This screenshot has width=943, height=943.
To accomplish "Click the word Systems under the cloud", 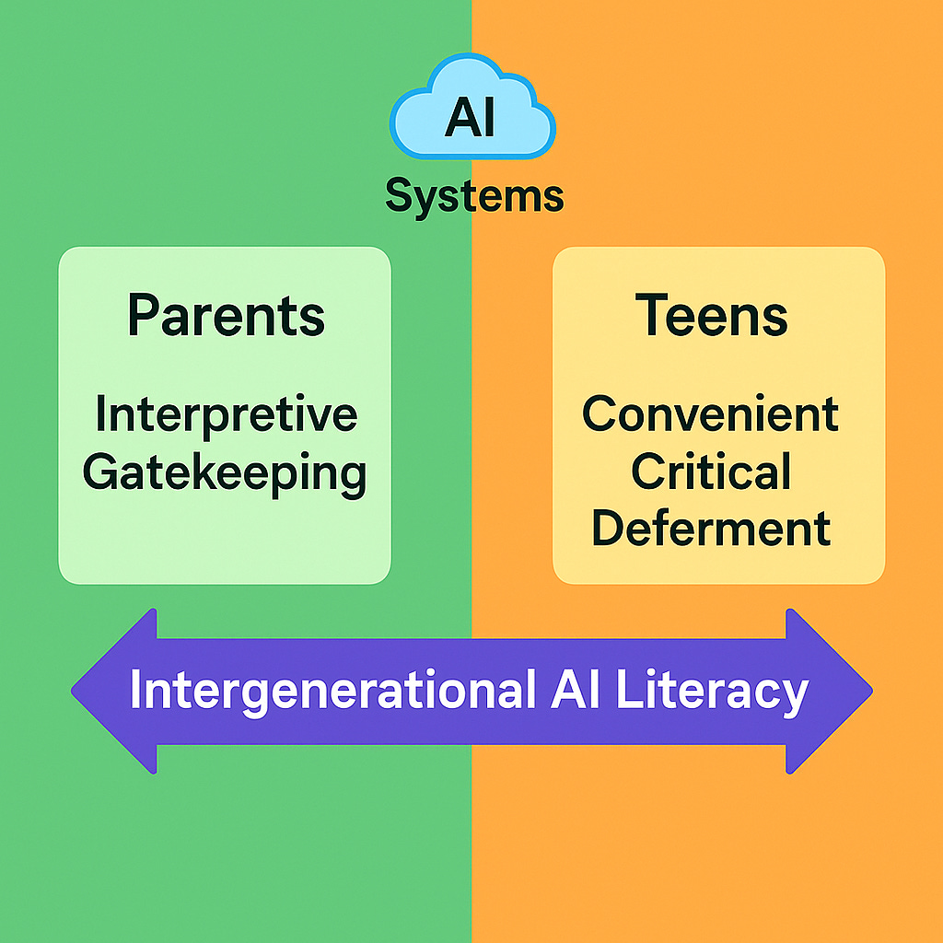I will [473, 196].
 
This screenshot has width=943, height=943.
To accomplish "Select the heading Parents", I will [226, 316].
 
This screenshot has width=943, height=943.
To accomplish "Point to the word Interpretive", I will [226, 414].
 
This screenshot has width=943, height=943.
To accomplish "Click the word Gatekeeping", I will [225, 473].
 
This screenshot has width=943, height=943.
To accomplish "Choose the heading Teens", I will [712, 316].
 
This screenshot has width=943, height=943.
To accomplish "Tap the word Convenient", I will [711, 414].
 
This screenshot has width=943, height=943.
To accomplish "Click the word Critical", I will [711, 471].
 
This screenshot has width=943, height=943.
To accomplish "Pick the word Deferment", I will [711, 529].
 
